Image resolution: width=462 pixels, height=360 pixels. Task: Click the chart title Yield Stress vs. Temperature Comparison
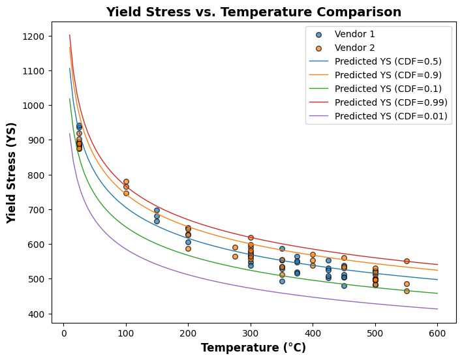(253, 12)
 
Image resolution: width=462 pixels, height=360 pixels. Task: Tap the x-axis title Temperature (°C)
(253, 348)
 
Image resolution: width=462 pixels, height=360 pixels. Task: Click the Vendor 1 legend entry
(354, 34)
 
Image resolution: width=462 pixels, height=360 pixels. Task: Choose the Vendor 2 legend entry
(354, 48)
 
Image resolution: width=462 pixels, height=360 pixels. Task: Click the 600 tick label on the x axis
(437, 333)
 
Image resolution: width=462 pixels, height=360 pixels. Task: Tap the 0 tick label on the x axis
(63, 333)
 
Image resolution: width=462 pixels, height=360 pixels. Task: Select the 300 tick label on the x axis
(251, 333)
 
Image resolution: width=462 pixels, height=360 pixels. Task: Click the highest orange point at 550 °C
(407, 261)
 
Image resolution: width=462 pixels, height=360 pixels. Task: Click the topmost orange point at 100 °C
(126, 182)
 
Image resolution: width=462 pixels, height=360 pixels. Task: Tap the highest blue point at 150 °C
(157, 211)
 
